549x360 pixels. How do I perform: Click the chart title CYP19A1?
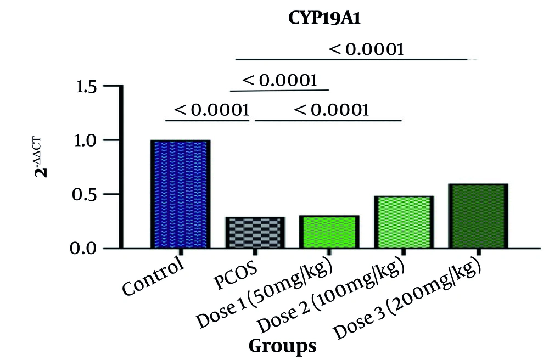(314, 18)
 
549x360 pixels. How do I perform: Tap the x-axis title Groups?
(282, 346)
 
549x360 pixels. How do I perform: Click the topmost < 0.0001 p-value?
(367, 49)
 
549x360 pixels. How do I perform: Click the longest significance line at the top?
(351, 59)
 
